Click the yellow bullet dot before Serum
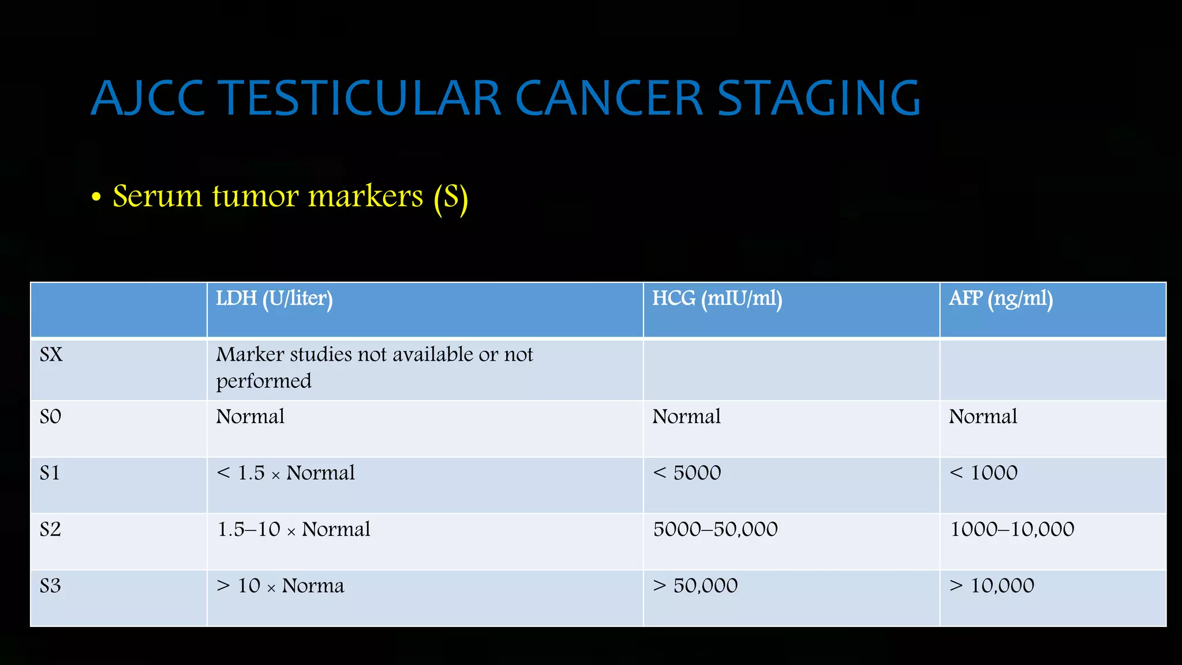[x=96, y=197]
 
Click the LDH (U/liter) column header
[x=274, y=299]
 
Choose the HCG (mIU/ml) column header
[x=717, y=299]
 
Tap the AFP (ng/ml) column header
[x=1001, y=299]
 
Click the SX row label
[x=51, y=354]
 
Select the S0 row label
[x=50, y=417]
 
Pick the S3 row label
[x=50, y=586]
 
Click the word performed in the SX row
[x=264, y=381]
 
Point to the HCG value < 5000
[x=687, y=473]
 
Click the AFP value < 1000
[x=983, y=473]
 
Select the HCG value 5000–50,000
[x=715, y=529]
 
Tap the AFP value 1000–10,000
[x=1012, y=529]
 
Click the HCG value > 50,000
[x=695, y=586]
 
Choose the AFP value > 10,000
[x=992, y=586]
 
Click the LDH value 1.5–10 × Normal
[x=294, y=529]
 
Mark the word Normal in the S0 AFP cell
[x=983, y=417]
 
